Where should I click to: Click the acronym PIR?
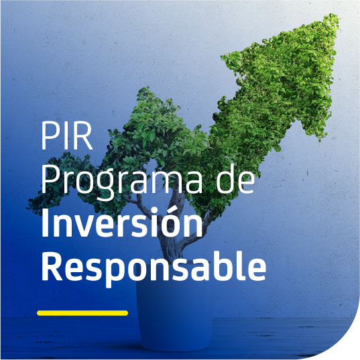pyautogui.click(x=67, y=135)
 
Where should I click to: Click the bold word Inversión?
pyautogui.click(x=122, y=223)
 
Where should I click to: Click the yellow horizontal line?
pyautogui.click(x=82, y=313)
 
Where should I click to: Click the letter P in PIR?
pyautogui.click(x=50, y=135)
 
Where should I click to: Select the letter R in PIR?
pyautogui.click(x=83, y=135)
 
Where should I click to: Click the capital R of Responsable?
pyautogui.click(x=52, y=266)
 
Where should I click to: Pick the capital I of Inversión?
pyautogui.click(x=45, y=223)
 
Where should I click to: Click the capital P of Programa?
pyautogui.click(x=50, y=180)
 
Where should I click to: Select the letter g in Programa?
pyautogui.click(x=105, y=186)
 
